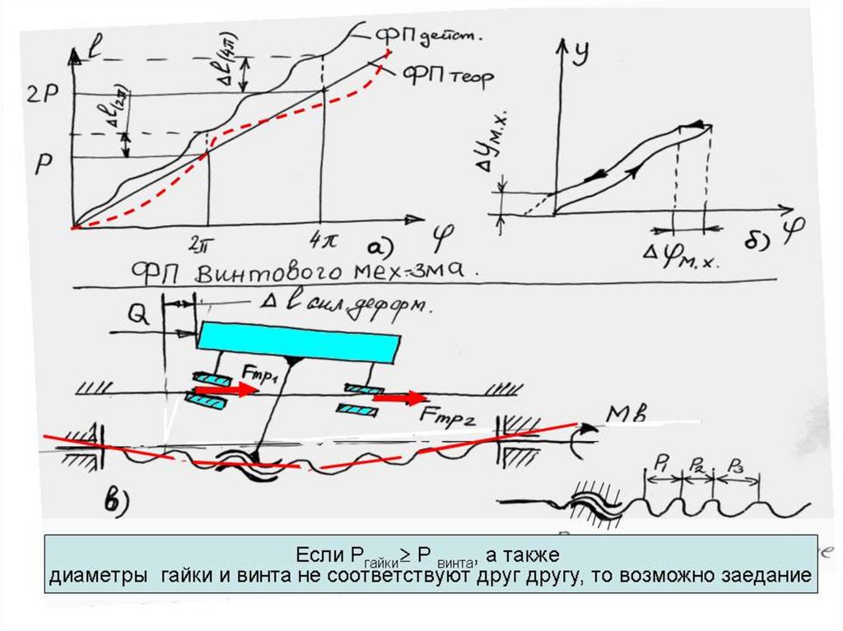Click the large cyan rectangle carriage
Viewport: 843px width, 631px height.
click(300, 341)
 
